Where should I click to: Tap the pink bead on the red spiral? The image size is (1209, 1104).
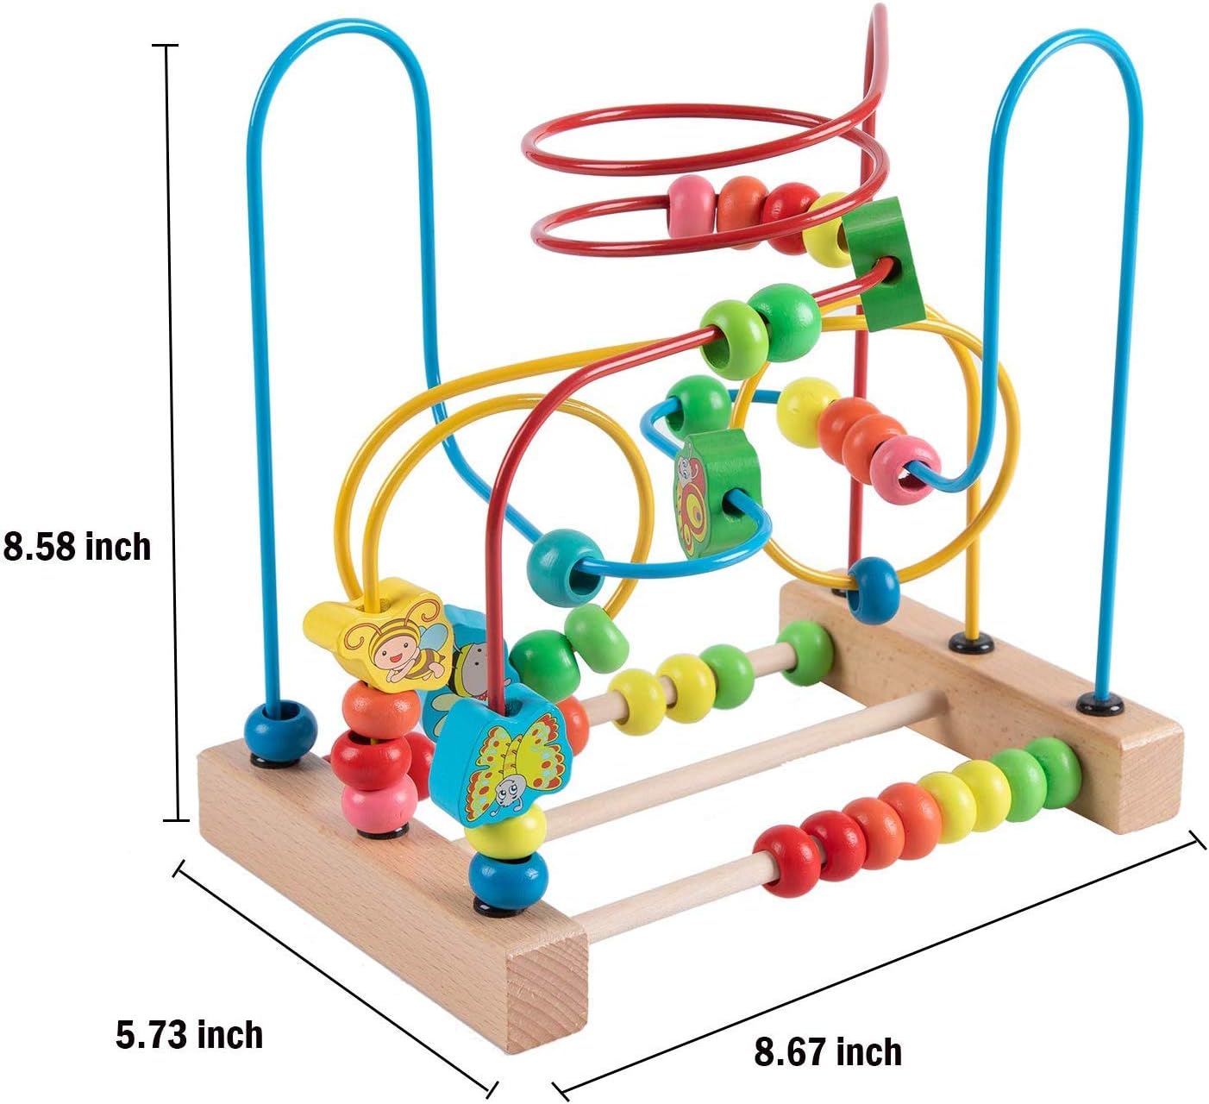coord(692,206)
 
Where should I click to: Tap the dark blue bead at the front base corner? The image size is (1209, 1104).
coord(508,881)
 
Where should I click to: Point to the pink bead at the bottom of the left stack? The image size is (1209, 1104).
coord(379,802)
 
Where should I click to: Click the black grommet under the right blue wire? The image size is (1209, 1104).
coord(1100,702)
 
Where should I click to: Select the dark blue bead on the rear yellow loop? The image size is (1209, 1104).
coord(872,590)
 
